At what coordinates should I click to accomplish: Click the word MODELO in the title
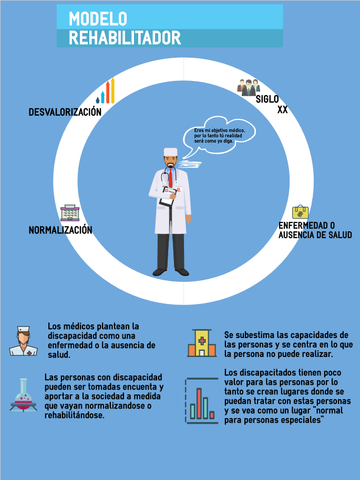tap(97, 19)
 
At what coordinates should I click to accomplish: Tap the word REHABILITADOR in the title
tap(125, 38)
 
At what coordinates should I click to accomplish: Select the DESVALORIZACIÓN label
tap(66, 112)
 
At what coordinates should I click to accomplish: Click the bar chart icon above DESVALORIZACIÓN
tap(105, 92)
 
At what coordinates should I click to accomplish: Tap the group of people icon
tap(248, 88)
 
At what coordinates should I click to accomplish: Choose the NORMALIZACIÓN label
tap(61, 230)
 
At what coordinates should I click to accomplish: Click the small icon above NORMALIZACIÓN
tap(69, 213)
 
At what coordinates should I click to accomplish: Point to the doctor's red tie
tap(171, 177)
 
